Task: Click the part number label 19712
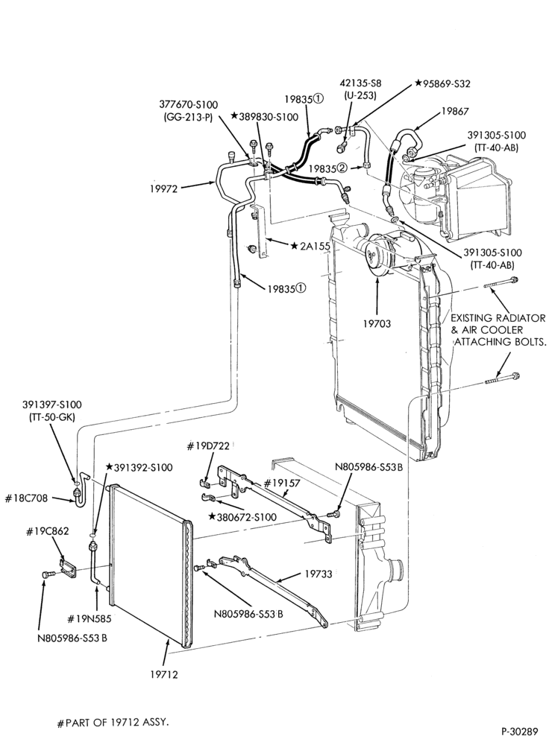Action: pyautogui.click(x=165, y=674)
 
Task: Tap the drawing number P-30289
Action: pyautogui.click(x=521, y=731)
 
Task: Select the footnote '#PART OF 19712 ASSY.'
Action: pyautogui.click(x=113, y=723)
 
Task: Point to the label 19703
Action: pyautogui.click(x=377, y=324)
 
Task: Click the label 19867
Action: pyautogui.click(x=455, y=111)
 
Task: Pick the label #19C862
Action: pyautogui.click(x=47, y=531)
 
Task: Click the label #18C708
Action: pyautogui.click(x=27, y=498)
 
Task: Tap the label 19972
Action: pyautogui.click(x=163, y=188)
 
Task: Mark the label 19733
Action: pyautogui.click(x=319, y=574)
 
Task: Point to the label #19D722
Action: pyautogui.click(x=208, y=445)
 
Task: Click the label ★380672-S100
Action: pyautogui.click(x=242, y=517)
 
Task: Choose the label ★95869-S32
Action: pyautogui.click(x=442, y=83)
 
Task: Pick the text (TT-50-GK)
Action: pyautogui.click(x=51, y=416)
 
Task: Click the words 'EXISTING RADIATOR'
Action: pyautogui.click(x=498, y=318)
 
